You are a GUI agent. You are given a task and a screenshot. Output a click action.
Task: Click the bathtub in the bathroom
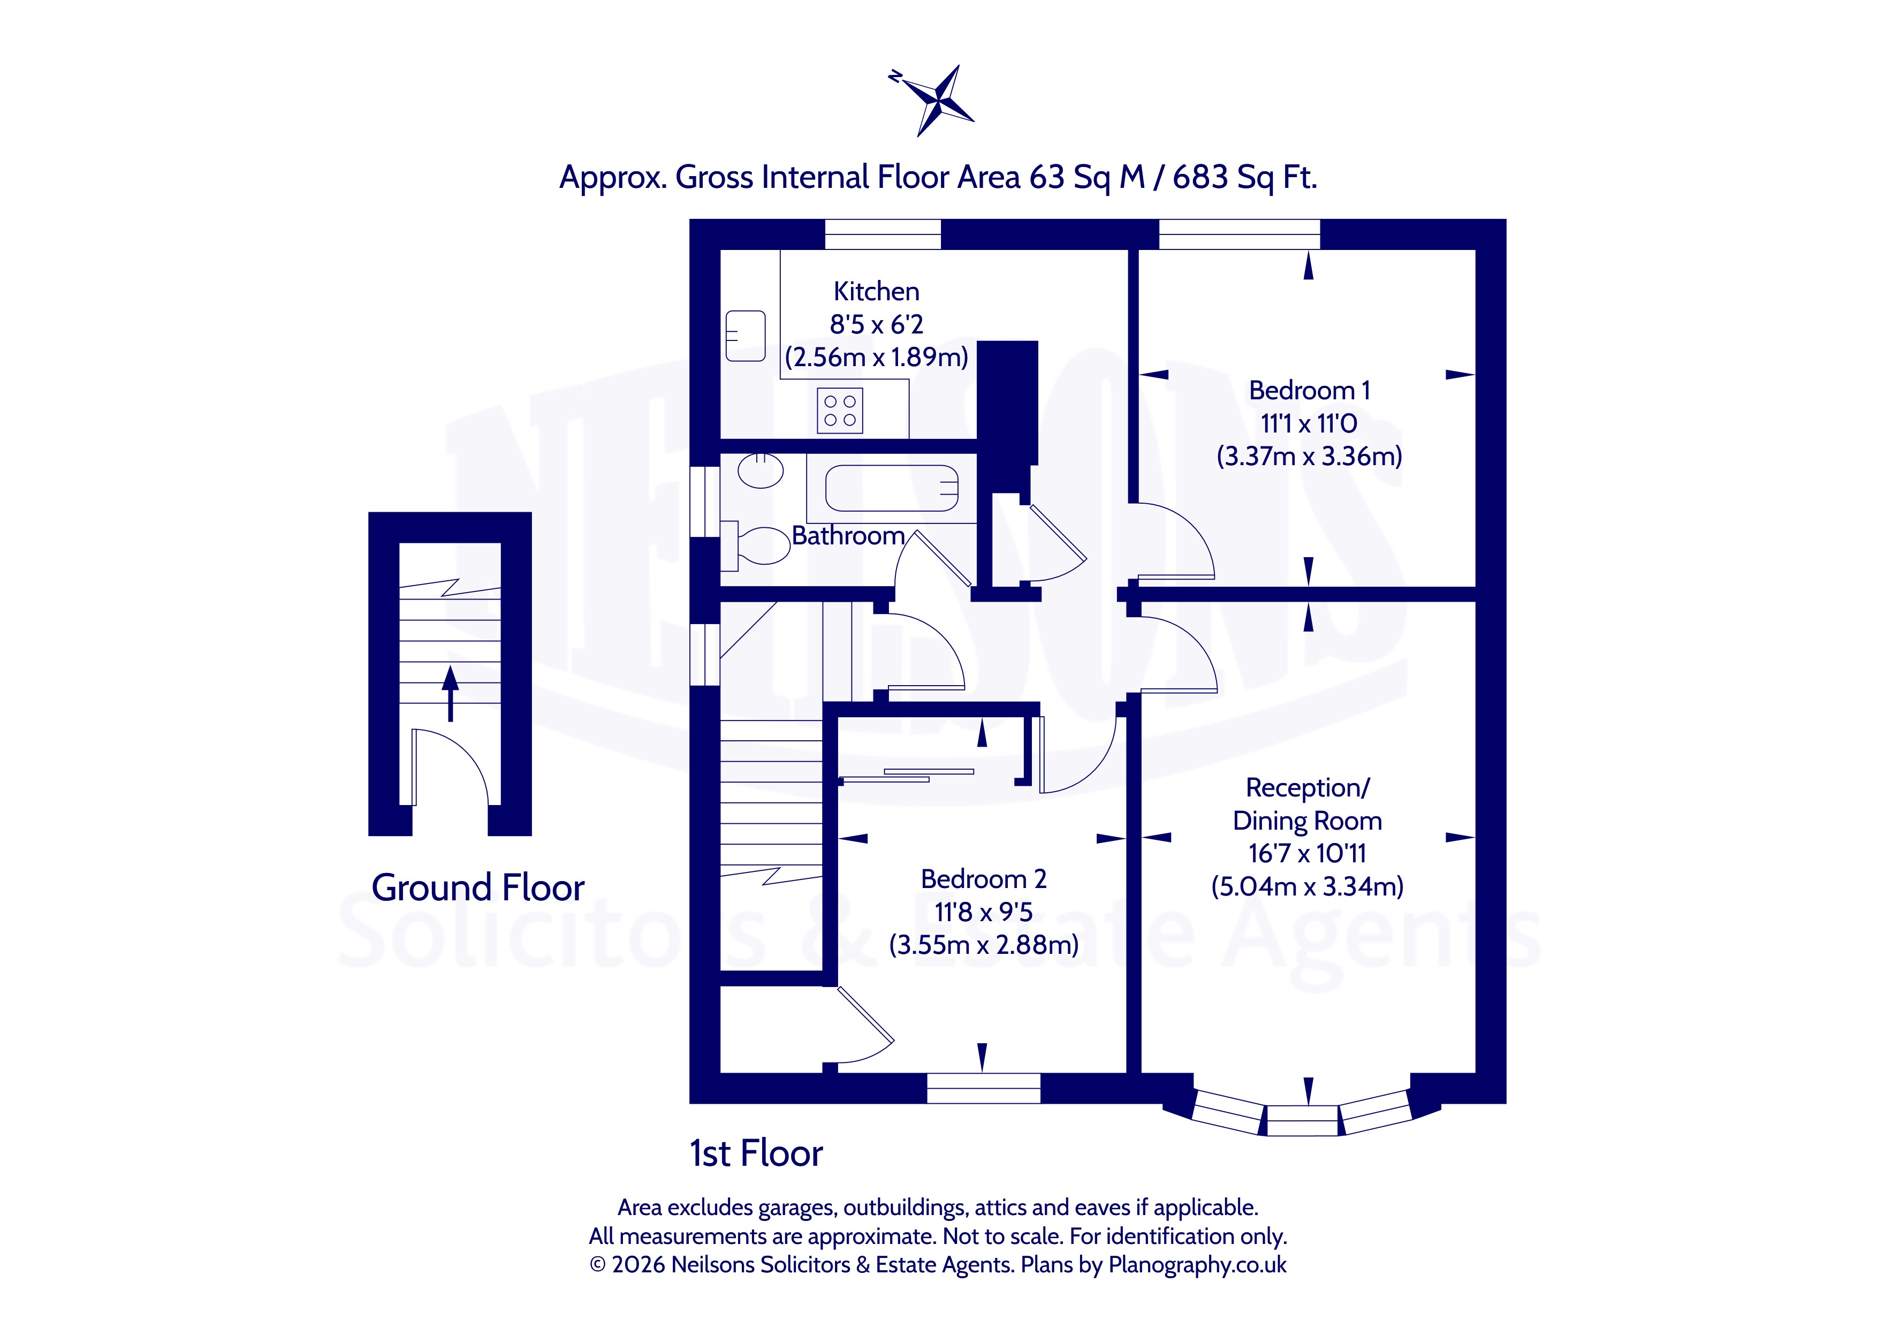click(x=891, y=488)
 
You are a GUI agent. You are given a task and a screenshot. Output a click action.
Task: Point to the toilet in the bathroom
click(x=756, y=545)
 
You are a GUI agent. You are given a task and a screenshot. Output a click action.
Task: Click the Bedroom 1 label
click(x=1309, y=390)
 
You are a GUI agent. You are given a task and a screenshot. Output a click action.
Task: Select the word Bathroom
click(x=848, y=536)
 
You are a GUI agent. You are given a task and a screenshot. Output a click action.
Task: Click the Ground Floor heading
click(x=478, y=887)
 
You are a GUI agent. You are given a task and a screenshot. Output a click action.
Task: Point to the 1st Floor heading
click(x=756, y=1153)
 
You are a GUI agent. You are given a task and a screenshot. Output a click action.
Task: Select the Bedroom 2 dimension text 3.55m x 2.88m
click(x=984, y=945)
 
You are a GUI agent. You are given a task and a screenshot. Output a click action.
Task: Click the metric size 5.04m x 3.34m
click(x=1307, y=886)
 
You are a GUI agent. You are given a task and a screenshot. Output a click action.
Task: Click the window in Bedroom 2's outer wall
click(x=984, y=1088)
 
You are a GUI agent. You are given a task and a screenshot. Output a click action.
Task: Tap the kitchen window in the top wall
click(x=883, y=234)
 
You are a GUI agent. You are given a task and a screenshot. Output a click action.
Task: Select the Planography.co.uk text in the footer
click(x=1198, y=1265)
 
